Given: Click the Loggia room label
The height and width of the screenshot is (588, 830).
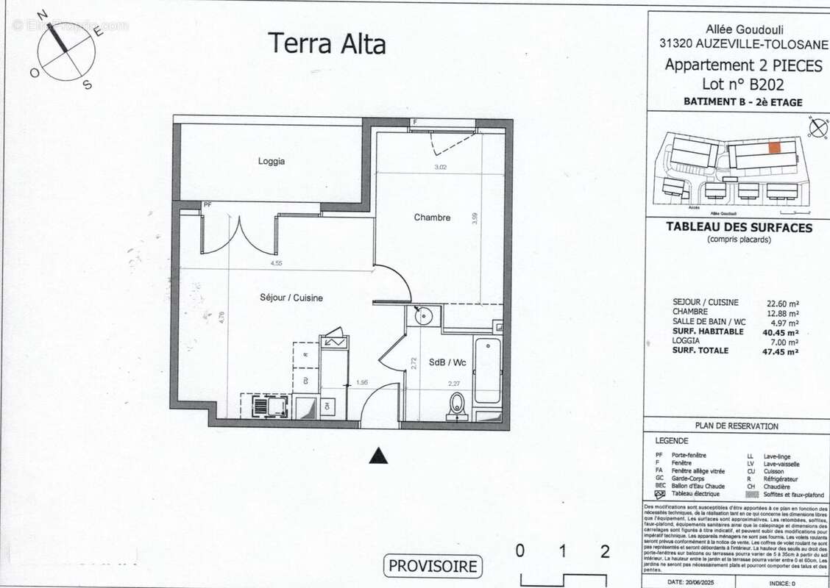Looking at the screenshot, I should pyautogui.click(x=272, y=162).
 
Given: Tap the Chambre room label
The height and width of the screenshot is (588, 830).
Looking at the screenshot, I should pyautogui.click(x=432, y=218).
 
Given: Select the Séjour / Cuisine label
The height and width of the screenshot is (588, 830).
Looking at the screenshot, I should pyautogui.click(x=291, y=298).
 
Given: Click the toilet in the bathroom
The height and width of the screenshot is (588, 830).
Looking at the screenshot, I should pyautogui.click(x=458, y=405).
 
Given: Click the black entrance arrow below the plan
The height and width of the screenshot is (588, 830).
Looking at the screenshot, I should pyautogui.click(x=378, y=456).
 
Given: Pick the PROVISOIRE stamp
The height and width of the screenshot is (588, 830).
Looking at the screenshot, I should pyautogui.click(x=433, y=566).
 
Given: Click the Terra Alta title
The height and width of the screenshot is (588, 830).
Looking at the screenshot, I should pyautogui.click(x=326, y=43).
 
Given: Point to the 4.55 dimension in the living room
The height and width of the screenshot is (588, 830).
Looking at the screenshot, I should pyautogui.click(x=277, y=263).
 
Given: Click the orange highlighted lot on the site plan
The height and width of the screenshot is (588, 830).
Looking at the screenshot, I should pyautogui.click(x=775, y=147).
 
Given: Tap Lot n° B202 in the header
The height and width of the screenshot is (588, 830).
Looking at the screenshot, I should pyautogui.click(x=744, y=84).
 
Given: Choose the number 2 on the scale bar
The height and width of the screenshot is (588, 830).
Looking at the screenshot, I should pyautogui.click(x=605, y=552).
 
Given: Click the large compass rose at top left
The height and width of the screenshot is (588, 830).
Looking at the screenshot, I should pyautogui.click(x=65, y=51).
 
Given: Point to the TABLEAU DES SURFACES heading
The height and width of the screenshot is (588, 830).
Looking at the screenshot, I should pyautogui.click(x=739, y=228).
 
